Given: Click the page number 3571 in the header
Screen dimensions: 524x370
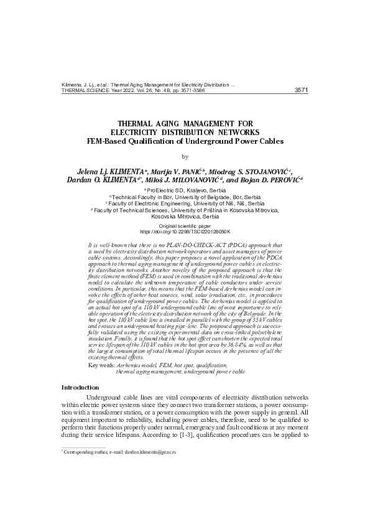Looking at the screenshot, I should tap(301, 90).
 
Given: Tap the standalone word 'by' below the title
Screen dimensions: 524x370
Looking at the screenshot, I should tap(185, 157).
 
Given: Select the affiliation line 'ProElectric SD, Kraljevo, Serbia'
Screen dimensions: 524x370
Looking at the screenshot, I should tap(186, 189).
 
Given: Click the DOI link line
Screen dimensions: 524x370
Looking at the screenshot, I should tap(185, 230).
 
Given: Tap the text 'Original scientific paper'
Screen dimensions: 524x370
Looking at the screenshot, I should tap(185, 225).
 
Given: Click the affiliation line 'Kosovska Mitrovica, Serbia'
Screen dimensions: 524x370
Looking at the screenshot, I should tap(185, 217).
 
